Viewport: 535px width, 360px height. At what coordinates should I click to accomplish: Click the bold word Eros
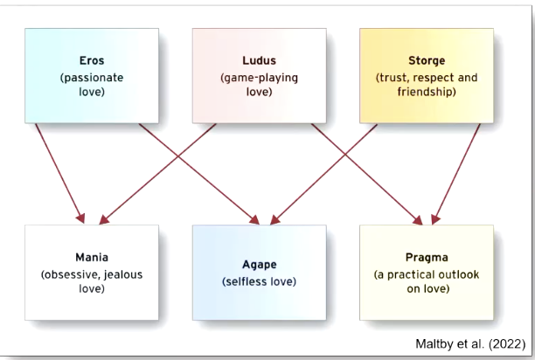pyautogui.click(x=92, y=61)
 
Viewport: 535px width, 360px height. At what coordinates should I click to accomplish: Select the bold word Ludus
pyautogui.click(x=259, y=61)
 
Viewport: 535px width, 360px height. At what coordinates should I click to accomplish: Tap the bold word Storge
pyautogui.click(x=427, y=61)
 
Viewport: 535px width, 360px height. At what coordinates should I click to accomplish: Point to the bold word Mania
pyautogui.click(x=92, y=259)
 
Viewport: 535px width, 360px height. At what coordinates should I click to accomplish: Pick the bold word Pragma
pyautogui.click(x=427, y=259)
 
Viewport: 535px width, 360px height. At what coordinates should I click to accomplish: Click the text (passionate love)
pyautogui.click(x=92, y=83)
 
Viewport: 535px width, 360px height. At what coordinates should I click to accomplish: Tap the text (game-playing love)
pyautogui.click(x=259, y=83)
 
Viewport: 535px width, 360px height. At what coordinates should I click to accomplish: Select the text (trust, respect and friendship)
pyautogui.click(x=427, y=83)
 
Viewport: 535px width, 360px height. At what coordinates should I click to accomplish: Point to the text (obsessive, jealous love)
pyautogui.click(x=92, y=280)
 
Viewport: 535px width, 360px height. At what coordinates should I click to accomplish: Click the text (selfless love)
pyautogui.click(x=259, y=281)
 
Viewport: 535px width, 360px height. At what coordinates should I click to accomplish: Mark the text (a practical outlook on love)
pyautogui.click(x=427, y=280)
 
